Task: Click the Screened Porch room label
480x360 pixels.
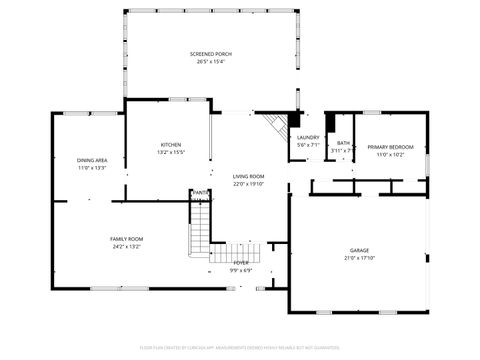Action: tap(210, 53)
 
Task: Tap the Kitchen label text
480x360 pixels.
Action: tap(170, 145)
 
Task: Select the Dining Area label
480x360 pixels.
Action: tap(91, 161)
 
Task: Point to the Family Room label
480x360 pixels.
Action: tap(126, 239)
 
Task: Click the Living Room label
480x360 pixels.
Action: tap(248, 176)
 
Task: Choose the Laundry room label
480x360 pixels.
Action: tap(308, 138)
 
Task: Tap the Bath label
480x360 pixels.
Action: tap(343, 143)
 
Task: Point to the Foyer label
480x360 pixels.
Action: tap(241, 262)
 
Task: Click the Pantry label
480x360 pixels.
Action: tap(201, 192)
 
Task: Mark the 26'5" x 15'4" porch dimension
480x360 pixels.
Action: tap(210, 62)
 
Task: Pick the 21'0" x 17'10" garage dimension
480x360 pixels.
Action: tap(359, 258)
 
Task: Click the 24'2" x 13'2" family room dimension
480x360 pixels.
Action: tap(126, 247)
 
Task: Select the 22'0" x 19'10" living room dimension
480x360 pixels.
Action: tap(248, 184)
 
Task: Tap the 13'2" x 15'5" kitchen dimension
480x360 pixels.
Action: tap(170, 153)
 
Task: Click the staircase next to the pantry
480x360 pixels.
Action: tap(201, 225)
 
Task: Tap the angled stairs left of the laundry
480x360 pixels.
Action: tap(273, 127)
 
